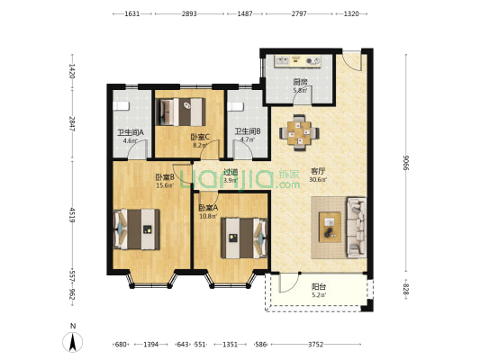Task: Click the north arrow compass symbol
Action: point(73,342)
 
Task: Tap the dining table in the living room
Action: point(299,132)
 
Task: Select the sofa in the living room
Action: point(357,228)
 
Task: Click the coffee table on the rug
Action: point(330,227)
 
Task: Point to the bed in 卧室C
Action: point(180,112)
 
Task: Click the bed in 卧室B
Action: point(137,229)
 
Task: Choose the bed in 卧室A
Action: point(244,238)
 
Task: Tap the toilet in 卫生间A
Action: point(121,106)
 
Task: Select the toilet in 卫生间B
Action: point(235,106)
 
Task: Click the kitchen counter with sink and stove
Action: point(297,60)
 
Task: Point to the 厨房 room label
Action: point(300,82)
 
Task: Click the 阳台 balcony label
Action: point(319,286)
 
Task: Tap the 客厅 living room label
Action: point(318,171)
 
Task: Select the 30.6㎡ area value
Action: point(318,179)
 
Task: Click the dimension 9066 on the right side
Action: point(406,163)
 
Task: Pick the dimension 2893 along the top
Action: point(189,13)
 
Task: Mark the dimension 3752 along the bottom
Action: point(315,345)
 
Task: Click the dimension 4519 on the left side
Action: point(72,215)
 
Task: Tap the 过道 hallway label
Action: point(231,172)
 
